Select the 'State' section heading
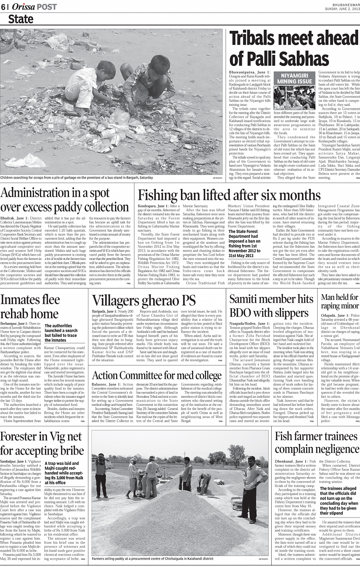21,19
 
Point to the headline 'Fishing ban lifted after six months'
229,195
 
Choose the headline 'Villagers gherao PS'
144,300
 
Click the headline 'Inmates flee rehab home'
30,307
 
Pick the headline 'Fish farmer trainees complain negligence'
316,443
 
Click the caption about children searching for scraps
76,178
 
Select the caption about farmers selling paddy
152,559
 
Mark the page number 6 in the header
3,7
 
